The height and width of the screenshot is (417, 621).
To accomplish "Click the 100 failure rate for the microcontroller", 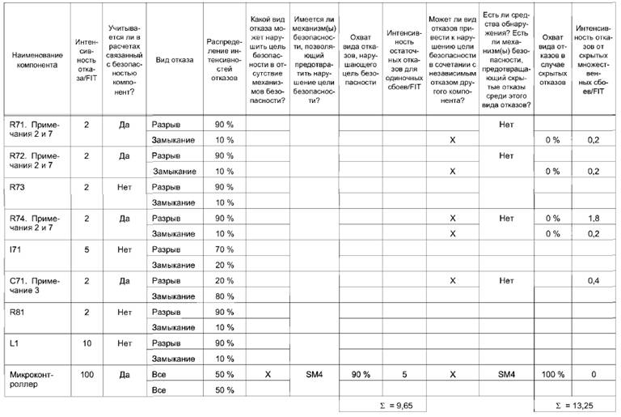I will (x=87, y=375).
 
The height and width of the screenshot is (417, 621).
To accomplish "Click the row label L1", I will (x=15, y=343).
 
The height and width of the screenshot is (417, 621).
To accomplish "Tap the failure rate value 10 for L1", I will (x=87, y=343).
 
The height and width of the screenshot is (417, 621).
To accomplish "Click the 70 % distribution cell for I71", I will (x=224, y=249).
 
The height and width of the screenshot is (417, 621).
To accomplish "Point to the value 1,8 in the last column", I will (x=593, y=218).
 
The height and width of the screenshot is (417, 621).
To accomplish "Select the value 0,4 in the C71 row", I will (x=593, y=280).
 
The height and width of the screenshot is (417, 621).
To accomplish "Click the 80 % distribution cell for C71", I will (x=224, y=296).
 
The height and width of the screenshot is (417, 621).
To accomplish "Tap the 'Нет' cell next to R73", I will (x=124, y=187).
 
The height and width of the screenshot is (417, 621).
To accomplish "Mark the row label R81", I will (x=18, y=312).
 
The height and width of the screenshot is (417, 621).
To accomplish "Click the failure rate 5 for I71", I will (x=87, y=249).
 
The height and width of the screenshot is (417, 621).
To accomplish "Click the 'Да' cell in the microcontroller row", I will (x=124, y=375).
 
